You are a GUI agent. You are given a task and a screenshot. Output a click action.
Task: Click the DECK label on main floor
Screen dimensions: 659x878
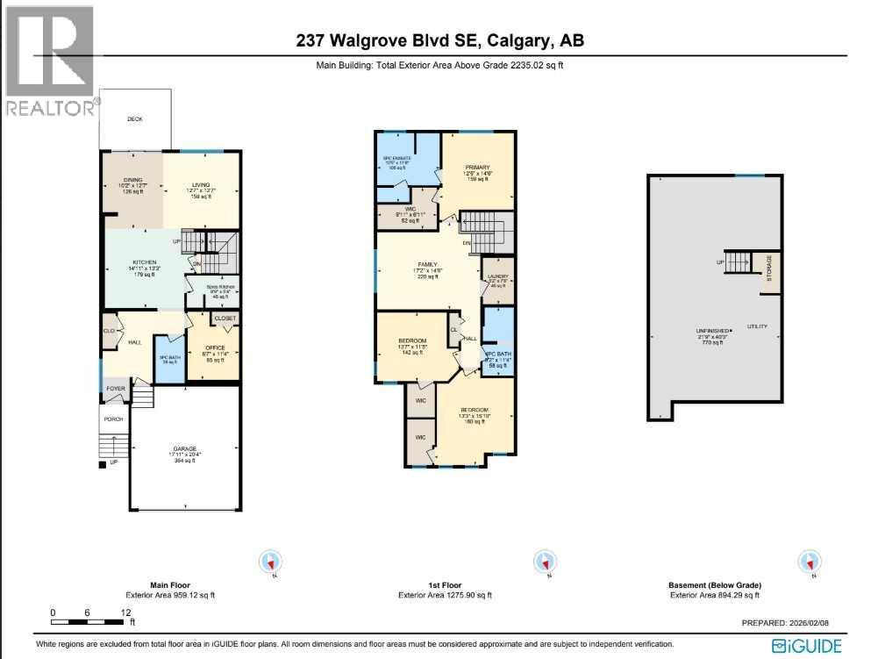134,119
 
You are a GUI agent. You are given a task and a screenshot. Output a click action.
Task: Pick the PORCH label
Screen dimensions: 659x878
114,419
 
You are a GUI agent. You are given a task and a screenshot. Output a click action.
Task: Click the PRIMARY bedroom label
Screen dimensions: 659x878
476,167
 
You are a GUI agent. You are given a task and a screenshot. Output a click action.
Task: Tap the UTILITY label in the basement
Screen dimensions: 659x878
757,326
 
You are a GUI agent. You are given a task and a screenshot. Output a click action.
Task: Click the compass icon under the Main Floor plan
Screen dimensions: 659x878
271,561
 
